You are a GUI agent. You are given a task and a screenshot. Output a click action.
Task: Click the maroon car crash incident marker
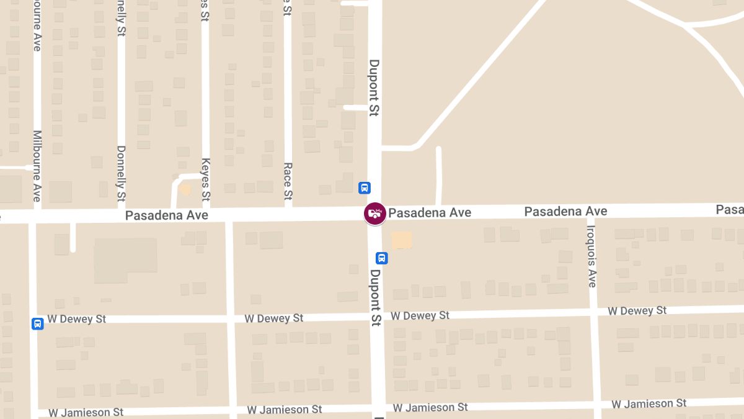374,214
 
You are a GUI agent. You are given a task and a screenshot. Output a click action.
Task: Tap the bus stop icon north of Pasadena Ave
365,187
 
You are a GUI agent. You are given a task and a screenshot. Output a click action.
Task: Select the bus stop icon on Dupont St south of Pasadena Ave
382,258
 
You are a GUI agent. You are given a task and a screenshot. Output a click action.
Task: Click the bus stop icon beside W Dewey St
38,323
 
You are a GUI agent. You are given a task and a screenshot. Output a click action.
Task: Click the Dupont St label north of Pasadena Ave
374,88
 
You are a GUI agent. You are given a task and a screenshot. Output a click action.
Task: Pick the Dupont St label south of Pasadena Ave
376,297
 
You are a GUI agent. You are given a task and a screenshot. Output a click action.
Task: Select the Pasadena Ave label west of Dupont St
167,215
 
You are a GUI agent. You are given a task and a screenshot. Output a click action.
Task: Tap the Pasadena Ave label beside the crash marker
430,213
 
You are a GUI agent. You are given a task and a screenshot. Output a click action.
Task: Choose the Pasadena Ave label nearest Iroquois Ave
565,212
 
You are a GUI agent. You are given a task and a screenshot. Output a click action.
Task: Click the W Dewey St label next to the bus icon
77,319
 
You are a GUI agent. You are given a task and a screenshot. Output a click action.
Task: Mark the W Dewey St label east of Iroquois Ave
637,310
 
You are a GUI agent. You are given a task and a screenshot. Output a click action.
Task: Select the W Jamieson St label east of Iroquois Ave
649,404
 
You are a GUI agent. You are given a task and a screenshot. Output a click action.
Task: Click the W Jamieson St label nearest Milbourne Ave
86,412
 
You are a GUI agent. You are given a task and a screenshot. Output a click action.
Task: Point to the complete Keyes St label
206,179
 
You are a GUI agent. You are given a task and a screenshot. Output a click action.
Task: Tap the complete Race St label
288,181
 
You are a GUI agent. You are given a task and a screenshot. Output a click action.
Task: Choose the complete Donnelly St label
122,173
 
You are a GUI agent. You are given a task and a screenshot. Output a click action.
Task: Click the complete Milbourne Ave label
37,166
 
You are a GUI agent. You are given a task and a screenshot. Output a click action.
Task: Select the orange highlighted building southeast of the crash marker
402,240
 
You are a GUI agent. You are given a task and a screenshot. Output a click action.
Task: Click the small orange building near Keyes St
185,189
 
